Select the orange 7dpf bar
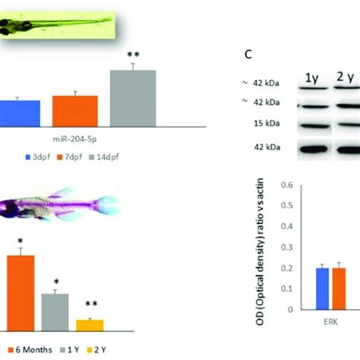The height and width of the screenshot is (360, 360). pyautogui.click(x=74, y=110)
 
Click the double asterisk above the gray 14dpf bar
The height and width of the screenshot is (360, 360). pyautogui.click(x=134, y=55)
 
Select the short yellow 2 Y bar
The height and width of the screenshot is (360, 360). pyautogui.click(x=89, y=324)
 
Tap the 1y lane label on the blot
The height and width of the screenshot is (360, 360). pyautogui.click(x=312, y=78)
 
